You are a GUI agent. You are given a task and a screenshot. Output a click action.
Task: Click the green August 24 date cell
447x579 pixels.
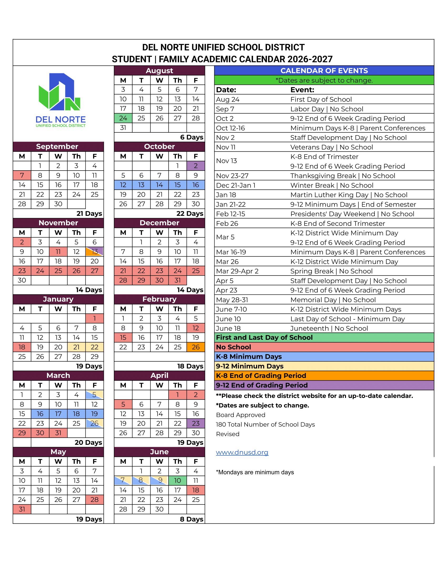pyautogui.click(x=123, y=118)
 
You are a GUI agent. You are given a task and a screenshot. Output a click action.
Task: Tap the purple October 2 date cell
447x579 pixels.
pyautogui.click(x=196, y=166)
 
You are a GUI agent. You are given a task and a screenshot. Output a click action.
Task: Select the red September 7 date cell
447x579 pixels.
pyautogui.click(x=22, y=176)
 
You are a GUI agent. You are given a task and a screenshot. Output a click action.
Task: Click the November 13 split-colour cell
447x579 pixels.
pyautogui.click(x=95, y=252)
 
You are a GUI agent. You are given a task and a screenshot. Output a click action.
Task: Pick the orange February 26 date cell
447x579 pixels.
pyautogui.click(x=196, y=347)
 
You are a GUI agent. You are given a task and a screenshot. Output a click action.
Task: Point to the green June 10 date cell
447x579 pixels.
pyautogui.click(x=177, y=480)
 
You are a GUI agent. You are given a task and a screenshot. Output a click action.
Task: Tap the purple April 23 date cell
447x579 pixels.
pyautogui.click(x=196, y=423)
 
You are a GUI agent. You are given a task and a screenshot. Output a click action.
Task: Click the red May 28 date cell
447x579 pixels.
pyautogui.click(x=95, y=500)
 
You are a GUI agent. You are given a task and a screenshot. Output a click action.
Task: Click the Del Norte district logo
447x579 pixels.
pyautogui.click(x=61, y=100)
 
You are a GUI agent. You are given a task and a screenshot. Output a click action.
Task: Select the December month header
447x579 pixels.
pyautogui.click(x=159, y=223)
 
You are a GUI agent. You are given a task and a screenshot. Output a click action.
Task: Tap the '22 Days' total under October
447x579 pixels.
pyautogui.click(x=190, y=213)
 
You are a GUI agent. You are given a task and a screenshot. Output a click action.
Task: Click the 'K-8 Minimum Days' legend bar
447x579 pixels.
pyautogui.click(x=324, y=357)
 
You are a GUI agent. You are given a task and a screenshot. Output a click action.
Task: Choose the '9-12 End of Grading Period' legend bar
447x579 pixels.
pyautogui.click(x=324, y=385)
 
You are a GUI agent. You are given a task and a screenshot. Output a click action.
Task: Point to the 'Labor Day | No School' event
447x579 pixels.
pyautogui.click(x=327, y=109)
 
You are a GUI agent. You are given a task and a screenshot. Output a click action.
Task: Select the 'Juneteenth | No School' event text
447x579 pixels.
pyautogui.click(x=329, y=328)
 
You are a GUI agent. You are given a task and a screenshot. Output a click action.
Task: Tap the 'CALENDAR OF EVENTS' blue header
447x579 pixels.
pyautogui.click(x=324, y=71)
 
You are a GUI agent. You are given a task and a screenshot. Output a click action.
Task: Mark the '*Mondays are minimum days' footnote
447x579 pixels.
pyautogui.click(x=255, y=472)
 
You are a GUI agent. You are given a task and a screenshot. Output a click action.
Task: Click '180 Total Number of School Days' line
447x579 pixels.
pyautogui.click(x=265, y=425)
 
